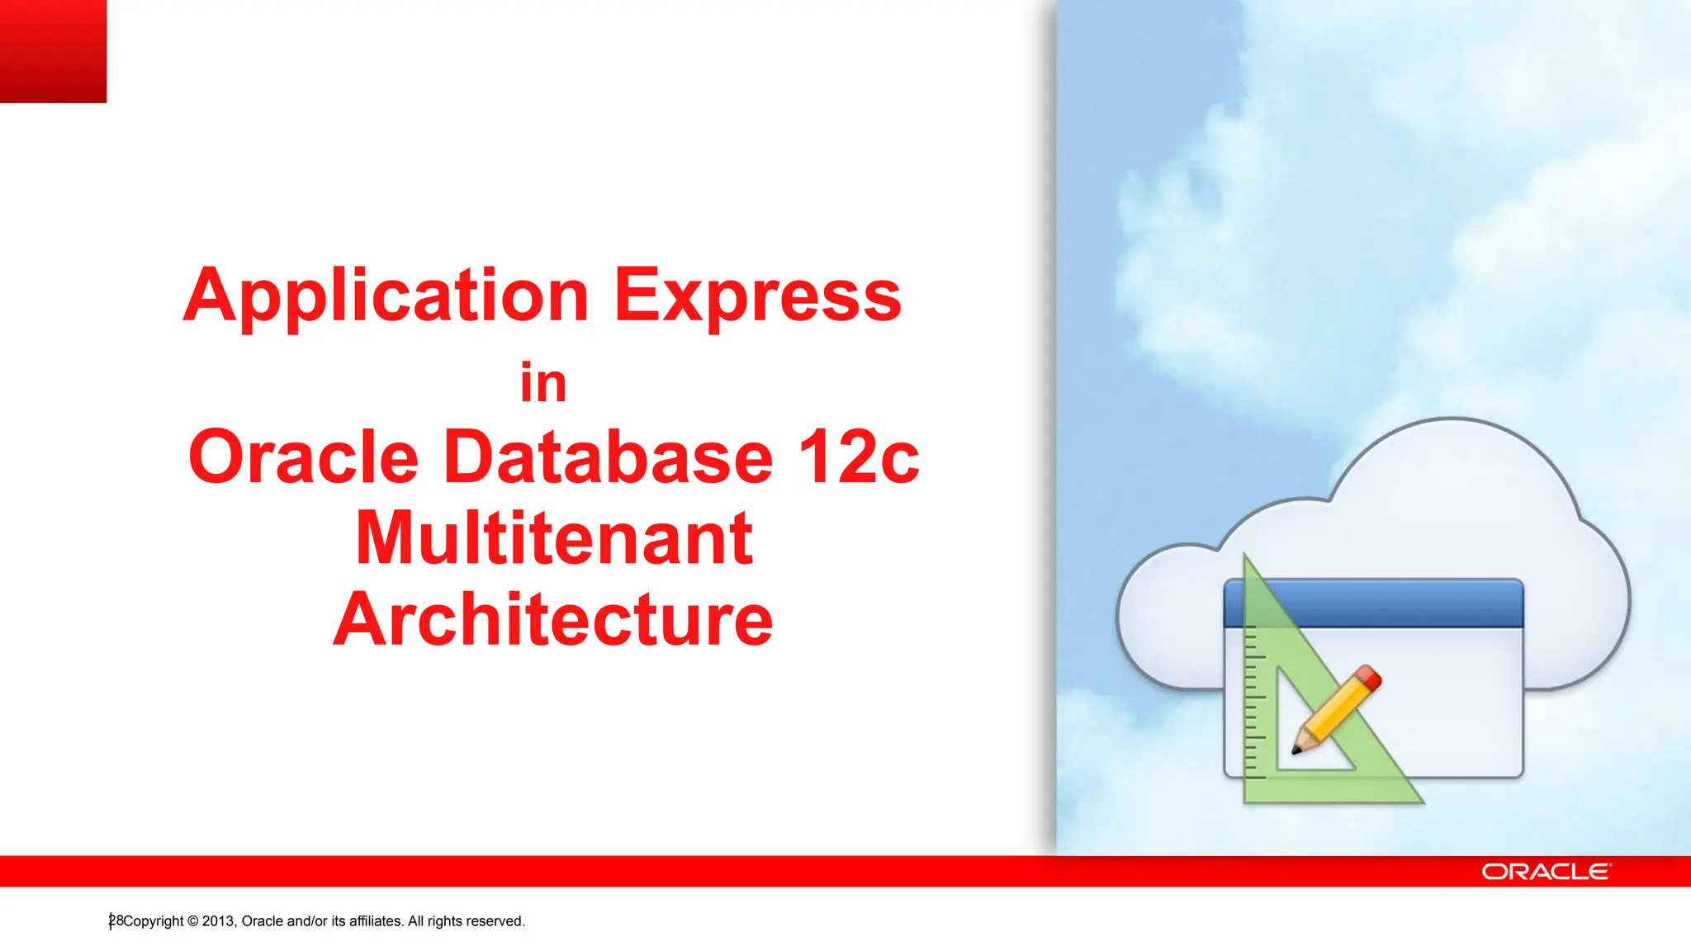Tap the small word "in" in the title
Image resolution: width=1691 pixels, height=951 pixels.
click(543, 384)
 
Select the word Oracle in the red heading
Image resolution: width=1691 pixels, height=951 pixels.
click(304, 457)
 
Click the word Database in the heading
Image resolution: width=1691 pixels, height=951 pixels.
click(609, 457)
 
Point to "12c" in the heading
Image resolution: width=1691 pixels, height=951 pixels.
click(858, 457)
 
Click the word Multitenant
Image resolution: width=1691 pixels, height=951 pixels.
click(554, 539)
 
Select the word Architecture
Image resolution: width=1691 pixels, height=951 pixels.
click(553, 620)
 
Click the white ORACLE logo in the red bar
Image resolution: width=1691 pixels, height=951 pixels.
click(1545, 872)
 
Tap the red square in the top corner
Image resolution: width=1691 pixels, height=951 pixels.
click(53, 51)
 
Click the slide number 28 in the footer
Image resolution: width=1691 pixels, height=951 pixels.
click(116, 920)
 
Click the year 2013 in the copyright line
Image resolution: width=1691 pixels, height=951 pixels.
click(219, 921)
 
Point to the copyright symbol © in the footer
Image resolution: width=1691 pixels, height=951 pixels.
click(193, 921)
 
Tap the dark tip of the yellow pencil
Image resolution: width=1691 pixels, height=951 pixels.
click(1297, 750)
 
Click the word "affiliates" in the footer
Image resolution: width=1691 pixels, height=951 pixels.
click(376, 921)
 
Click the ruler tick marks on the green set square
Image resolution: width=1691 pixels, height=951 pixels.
click(1254, 702)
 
